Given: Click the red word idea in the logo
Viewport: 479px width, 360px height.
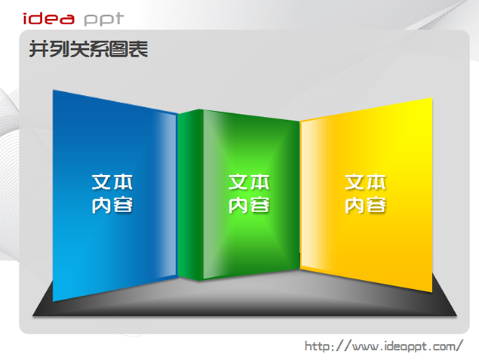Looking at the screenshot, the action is [48, 19].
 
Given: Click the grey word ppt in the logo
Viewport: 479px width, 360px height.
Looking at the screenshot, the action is [104, 20].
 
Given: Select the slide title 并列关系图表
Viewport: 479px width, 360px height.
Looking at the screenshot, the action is [88, 49].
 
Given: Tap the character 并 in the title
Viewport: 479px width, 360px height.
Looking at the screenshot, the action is [38, 49].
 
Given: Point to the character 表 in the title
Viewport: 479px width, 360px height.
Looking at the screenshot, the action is [138, 49].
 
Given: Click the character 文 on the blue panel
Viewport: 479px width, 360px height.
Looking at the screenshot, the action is [102, 182].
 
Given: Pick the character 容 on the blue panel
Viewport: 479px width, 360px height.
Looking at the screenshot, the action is [123, 205].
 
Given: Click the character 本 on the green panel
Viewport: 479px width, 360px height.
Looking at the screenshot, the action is [259, 182].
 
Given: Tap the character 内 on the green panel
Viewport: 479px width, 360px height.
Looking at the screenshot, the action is [238, 205].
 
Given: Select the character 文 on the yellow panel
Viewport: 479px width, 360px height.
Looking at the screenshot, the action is [355, 182].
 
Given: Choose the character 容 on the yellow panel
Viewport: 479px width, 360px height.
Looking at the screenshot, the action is [376, 205].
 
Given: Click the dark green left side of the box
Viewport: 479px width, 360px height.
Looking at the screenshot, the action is [190, 195].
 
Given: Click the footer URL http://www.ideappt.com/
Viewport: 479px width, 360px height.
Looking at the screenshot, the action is [384, 346].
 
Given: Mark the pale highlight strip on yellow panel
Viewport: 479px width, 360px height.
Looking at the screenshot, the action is [309, 195].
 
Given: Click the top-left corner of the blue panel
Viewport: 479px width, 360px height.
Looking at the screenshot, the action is [53, 90].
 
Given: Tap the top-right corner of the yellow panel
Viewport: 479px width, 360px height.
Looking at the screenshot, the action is [432, 98].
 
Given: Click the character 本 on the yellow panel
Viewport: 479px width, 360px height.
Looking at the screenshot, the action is [376, 182].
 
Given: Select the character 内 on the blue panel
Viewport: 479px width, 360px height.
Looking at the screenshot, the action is [102, 205].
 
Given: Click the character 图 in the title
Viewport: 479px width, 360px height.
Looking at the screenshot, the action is [118, 49].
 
